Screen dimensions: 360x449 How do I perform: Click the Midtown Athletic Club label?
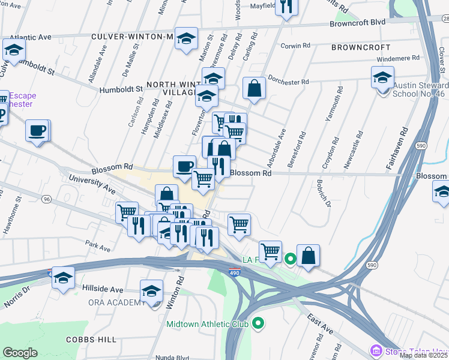[207, 324]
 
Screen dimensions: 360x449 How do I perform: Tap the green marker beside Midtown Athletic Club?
[258, 324]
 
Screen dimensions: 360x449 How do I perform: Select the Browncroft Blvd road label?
[357, 23]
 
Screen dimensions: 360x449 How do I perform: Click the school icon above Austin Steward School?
[382, 77]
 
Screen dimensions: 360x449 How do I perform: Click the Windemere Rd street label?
[398, 58]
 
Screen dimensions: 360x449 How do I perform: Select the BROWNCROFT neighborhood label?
[360, 46]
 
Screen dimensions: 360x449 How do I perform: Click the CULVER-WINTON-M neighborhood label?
[132, 37]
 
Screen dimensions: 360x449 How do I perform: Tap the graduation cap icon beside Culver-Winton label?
[186, 38]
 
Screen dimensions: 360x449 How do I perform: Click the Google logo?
[20, 353]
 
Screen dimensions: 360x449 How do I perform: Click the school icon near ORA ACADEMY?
[152, 292]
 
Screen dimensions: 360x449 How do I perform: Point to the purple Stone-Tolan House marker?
[376, 350]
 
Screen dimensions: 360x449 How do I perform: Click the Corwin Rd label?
[295, 46]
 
